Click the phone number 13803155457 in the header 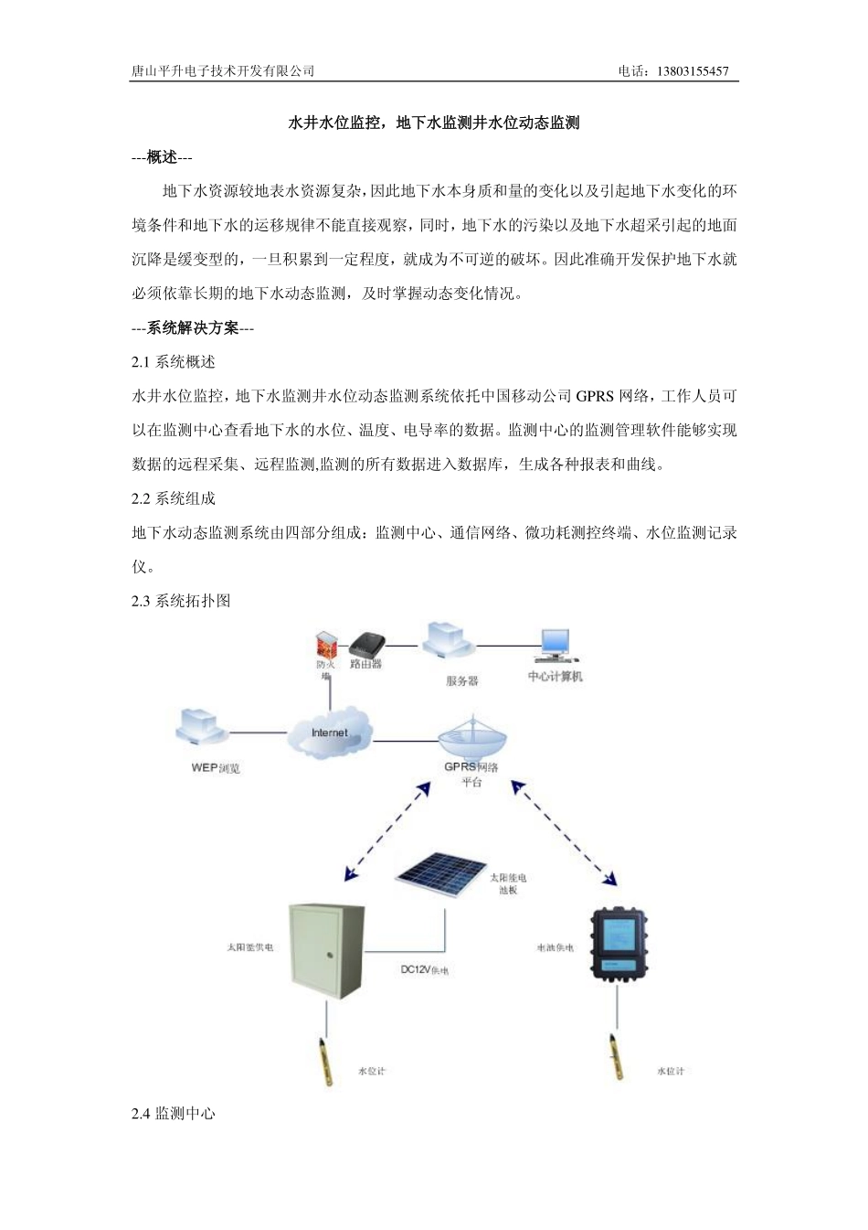tap(692, 71)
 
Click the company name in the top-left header tap(223, 71)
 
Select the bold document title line tap(434, 123)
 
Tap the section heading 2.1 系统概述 tap(174, 362)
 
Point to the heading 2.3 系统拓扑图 tap(181, 601)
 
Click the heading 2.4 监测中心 tap(174, 1113)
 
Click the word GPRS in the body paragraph tap(595, 396)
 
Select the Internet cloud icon tap(330, 731)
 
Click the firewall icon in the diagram tap(325, 644)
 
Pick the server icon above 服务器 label tap(448, 642)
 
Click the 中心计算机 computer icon tap(556, 646)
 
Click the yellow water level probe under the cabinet tap(326, 1060)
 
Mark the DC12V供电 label tap(424, 969)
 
